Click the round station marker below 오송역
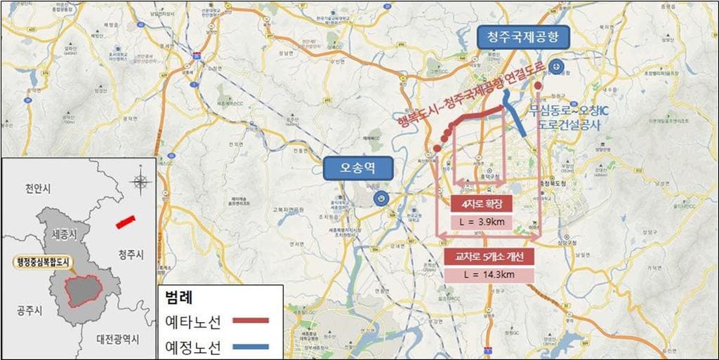pyautogui.click(x=380, y=199)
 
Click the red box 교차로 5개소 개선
pyautogui.click(x=489, y=256)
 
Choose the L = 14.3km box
pyautogui.click(x=489, y=274)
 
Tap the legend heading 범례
pyautogui.click(x=176, y=295)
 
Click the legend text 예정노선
pyautogui.click(x=192, y=346)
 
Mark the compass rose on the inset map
pyautogui.click(x=140, y=181)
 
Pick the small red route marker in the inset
pyautogui.click(x=124, y=222)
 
